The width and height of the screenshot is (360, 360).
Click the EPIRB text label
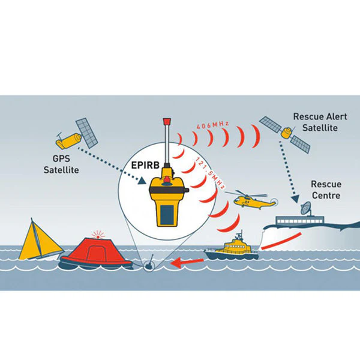(x=145, y=166)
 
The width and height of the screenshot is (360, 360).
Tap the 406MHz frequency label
(x=213, y=125)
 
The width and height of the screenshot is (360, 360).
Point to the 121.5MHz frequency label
(x=209, y=173)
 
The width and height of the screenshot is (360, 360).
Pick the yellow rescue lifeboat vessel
(x=232, y=248)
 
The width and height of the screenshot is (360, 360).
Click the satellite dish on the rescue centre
(x=306, y=208)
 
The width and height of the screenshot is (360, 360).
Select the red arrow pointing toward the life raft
(x=187, y=262)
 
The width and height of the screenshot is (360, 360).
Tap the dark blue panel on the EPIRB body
(x=167, y=215)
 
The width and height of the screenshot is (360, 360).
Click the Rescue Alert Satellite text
(x=320, y=122)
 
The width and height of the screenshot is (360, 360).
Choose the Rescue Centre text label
(x=326, y=190)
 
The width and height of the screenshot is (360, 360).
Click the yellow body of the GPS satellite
(x=68, y=140)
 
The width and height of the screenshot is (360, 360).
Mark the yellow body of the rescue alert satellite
(x=287, y=133)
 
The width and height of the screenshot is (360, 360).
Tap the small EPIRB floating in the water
(x=149, y=265)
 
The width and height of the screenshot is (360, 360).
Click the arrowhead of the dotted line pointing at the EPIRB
(x=142, y=181)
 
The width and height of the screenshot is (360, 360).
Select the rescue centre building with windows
(x=299, y=221)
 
